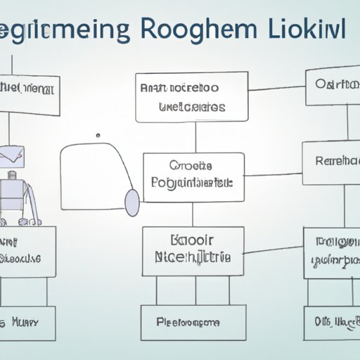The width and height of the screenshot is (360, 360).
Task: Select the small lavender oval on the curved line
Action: [x=131, y=202]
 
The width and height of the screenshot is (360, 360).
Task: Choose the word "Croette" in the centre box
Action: [x=191, y=167]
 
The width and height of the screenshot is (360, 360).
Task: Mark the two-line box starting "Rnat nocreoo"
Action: [x=181, y=98]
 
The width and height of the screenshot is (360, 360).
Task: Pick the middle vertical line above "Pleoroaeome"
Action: [x=195, y=290]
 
